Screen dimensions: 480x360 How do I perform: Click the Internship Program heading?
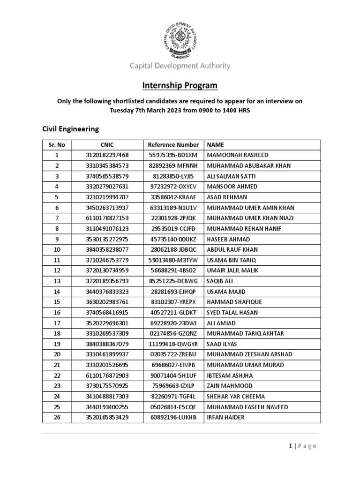(180, 85)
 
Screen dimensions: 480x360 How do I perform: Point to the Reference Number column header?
(173, 145)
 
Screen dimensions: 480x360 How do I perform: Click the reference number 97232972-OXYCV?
(173, 187)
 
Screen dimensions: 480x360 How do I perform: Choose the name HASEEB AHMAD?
(228, 239)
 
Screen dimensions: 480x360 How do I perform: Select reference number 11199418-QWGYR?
(173, 344)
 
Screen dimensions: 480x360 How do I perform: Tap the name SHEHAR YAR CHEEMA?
(238, 397)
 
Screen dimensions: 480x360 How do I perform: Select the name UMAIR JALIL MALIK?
(233, 270)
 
